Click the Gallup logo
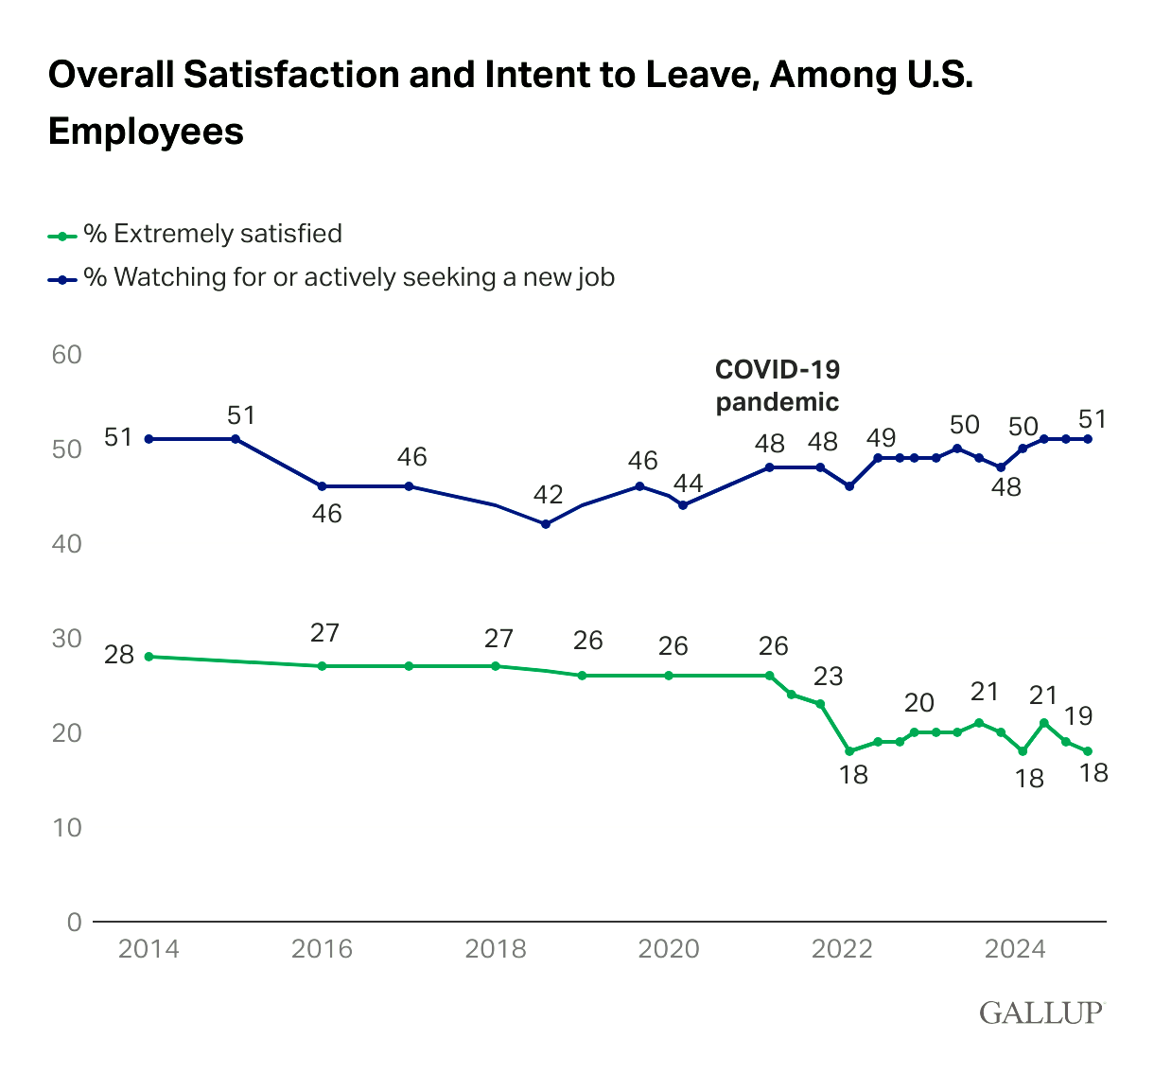coord(1040,1012)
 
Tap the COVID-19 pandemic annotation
coord(777,385)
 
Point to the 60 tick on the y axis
coord(68,355)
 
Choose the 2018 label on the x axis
coord(495,949)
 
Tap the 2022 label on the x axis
coord(842,949)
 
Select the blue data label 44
coord(688,484)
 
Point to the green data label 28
coord(118,654)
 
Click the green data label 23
coord(827,677)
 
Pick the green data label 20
coord(918,703)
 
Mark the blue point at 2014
coord(149,439)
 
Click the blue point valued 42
coord(545,524)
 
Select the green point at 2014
coord(149,657)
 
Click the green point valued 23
coord(820,704)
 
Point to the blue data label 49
coord(881,438)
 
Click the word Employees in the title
coord(146,131)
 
